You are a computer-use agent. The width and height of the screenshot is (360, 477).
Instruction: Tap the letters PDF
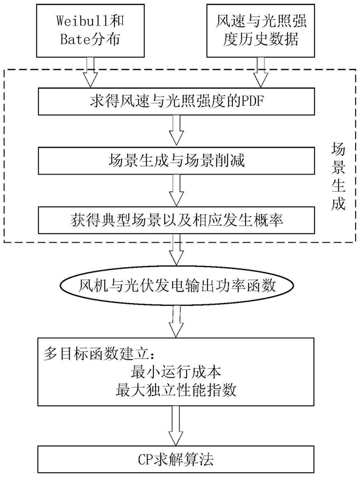coord(252,102)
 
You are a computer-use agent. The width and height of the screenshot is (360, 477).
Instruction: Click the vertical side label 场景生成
coord(338,178)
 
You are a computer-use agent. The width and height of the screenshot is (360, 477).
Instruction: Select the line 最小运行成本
coord(176,372)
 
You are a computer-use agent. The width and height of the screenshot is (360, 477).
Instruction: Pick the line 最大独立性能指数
coord(176,389)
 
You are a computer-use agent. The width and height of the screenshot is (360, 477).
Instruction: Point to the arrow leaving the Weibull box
coord(90,72)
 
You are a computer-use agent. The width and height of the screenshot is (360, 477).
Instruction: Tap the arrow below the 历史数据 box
coord(260,72)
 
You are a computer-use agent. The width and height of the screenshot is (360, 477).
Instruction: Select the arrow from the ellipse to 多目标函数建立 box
coord(176,321)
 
